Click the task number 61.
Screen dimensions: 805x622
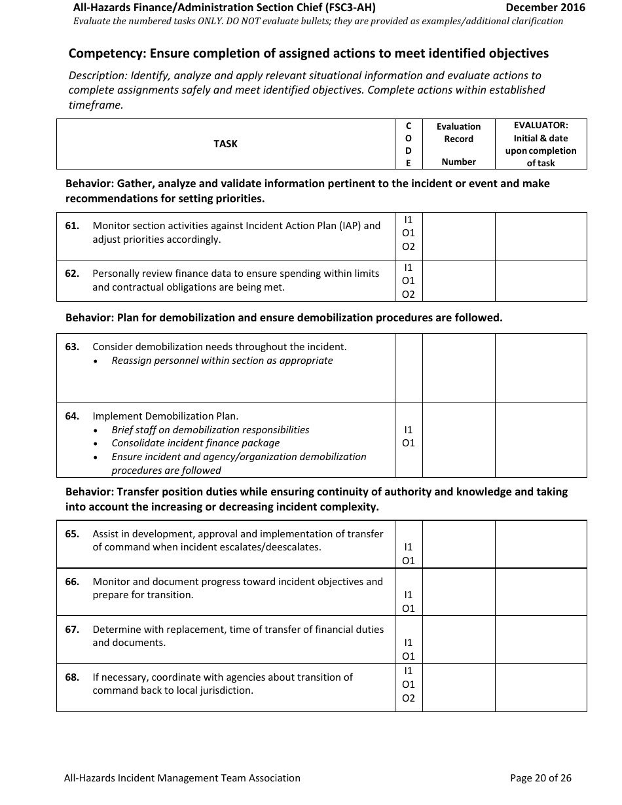click(x=72, y=226)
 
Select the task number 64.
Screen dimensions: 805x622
click(x=72, y=416)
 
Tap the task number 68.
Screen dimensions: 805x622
click(x=72, y=677)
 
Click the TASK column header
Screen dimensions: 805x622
click(x=225, y=144)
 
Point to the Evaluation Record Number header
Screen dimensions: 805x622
click(x=458, y=144)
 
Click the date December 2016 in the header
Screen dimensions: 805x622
click(x=545, y=8)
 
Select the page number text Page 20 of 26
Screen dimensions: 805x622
click(x=540, y=778)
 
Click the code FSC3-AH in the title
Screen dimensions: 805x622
click(x=350, y=8)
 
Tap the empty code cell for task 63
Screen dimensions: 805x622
click(x=409, y=368)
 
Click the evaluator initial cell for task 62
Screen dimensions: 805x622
click(x=541, y=281)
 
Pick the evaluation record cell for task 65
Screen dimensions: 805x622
click(x=458, y=545)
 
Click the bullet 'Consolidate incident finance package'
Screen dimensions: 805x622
click(x=195, y=443)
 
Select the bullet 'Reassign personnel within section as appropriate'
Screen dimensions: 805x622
click(x=222, y=361)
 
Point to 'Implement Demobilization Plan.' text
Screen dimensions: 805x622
click(x=166, y=416)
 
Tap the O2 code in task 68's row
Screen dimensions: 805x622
click(x=409, y=698)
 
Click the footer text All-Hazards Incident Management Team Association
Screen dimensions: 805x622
click(x=182, y=778)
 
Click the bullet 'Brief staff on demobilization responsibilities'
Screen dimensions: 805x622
click(x=210, y=430)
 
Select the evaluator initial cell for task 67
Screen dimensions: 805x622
click(x=541, y=639)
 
